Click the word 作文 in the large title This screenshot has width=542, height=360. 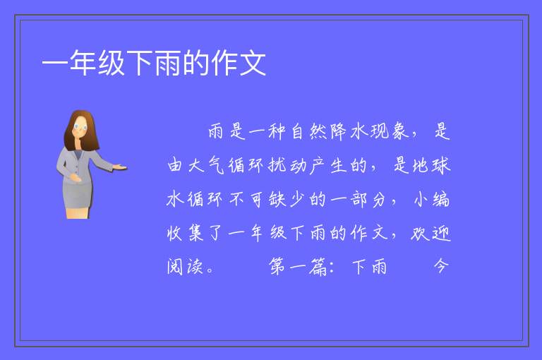pyautogui.click(x=239, y=63)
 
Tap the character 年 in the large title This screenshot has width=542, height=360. pyautogui.click(x=83, y=63)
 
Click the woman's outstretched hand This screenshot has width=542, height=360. pyautogui.click(x=119, y=167)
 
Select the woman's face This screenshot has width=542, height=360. pyautogui.click(x=80, y=127)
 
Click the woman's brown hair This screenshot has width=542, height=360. pyautogui.click(x=81, y=129)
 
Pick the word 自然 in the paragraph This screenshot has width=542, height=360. pyautogui.click(x=308, y=132)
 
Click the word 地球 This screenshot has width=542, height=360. pyautogui.click(x=431, y=165)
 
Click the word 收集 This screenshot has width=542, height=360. pyautogui.click(x=186, y=233)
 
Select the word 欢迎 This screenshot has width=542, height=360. pyautogui.click(x=431, y=233)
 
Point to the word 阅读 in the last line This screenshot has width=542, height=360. pyautogui.click(x=185, y=267)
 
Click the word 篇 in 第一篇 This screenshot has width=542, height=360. pyautogui.click(x=318, y=267)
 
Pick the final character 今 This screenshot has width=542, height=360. pyautogui.click(x=441, y=266)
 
